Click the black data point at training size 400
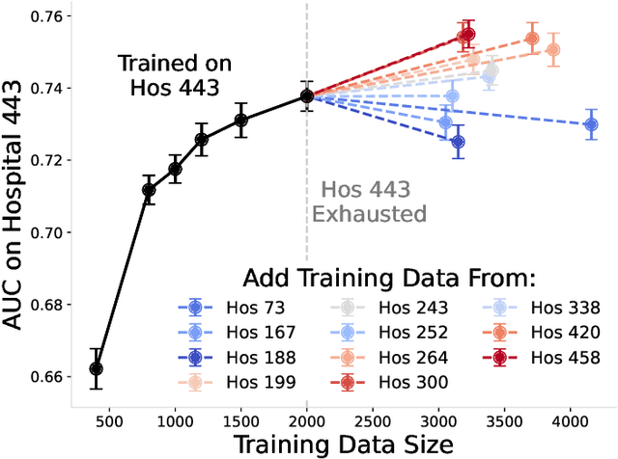(96, 369)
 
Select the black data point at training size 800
(149, 190)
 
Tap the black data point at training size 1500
(241, 120)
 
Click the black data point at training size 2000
(307, 95)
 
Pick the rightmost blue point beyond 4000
(592, 124)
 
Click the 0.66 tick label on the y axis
(51, 376)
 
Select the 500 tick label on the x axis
(108, 421)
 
